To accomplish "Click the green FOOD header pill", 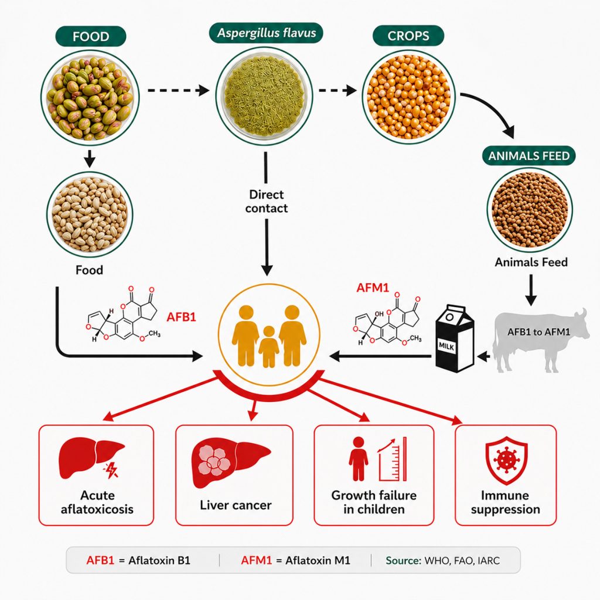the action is (91, 36).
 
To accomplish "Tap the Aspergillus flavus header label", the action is (267, 33).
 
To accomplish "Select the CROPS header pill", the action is (408, 36).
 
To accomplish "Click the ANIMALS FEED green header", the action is (529, 156).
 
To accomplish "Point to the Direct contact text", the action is (267, 202).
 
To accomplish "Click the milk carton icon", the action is (455, 339).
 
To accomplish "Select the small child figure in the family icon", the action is (268, 347).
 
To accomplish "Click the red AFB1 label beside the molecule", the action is (182, 317).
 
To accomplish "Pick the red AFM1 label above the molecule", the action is (373, 287).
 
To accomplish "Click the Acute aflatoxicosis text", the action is (97, 502).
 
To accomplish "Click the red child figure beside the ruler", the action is (358, 459).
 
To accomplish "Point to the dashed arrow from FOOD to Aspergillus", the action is (178, 91).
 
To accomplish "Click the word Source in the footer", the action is (403, 561).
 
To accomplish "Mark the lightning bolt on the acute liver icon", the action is (112, 471).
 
